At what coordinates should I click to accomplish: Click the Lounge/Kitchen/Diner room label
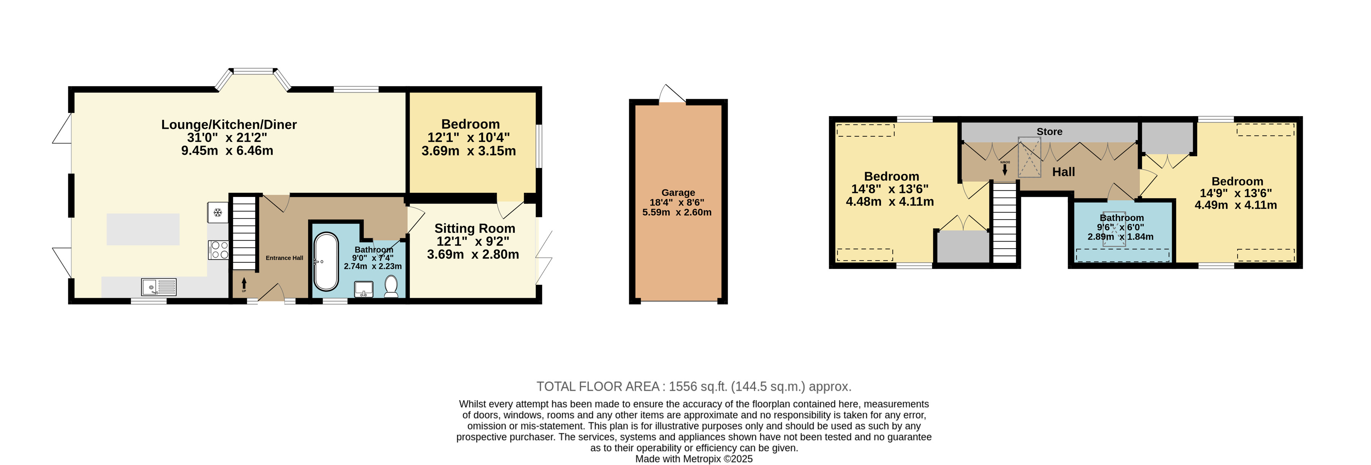coord(229,124)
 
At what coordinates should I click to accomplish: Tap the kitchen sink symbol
coord(159,287)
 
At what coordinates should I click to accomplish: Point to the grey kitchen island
coord(143,229)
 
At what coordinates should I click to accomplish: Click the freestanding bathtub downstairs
coord(326,262)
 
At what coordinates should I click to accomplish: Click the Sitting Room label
coord(475,229)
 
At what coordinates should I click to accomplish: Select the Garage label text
coord(678,193)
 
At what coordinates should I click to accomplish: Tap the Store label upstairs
coord(1050,132)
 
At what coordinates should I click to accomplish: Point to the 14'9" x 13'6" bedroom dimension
coord(1236,193)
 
